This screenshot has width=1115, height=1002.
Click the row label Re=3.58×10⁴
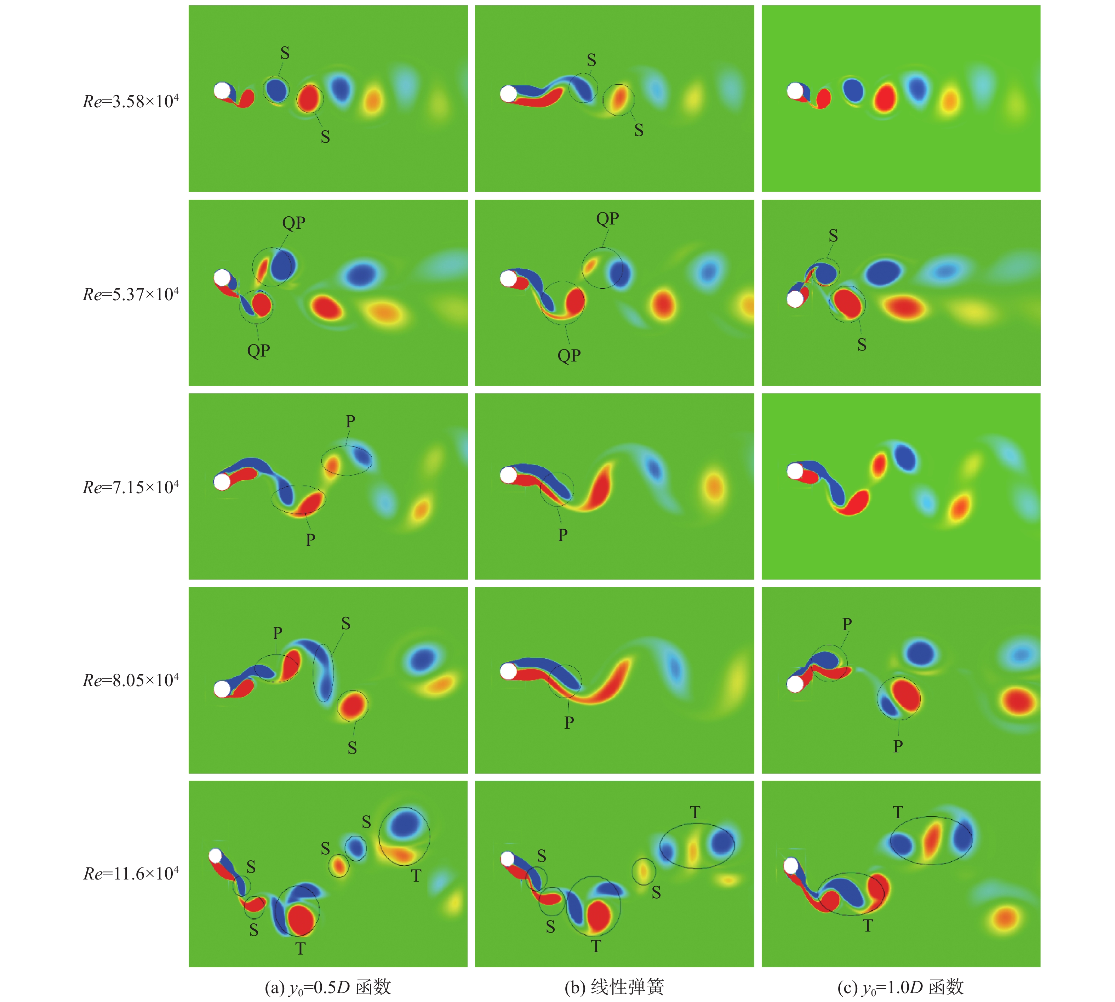(x=130, y=101)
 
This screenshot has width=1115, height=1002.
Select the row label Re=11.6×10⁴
(x=130, y=873)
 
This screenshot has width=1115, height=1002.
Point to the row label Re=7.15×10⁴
(x=130, y=487)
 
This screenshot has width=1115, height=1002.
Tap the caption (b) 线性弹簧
(x=614, y=986)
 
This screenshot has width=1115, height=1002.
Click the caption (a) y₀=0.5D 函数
(x=328, y=986)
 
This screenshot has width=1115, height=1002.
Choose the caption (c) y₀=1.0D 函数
(x=900, y=986)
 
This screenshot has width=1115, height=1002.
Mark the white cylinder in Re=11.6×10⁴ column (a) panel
(x=215, y=856)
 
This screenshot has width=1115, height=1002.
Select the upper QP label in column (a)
(x=294, y=223)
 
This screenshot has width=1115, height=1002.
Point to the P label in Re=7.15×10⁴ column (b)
(x=562, y=535)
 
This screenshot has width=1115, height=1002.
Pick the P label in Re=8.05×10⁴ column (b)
(x=569, y=722)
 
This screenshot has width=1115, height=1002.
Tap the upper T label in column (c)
(x=898, y=812)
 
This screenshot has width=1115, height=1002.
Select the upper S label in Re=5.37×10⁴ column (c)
(x=833, y=236)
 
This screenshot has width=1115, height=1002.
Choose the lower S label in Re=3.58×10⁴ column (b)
(x=639, y=130)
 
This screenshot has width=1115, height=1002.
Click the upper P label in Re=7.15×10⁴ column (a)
(x=350, y=421)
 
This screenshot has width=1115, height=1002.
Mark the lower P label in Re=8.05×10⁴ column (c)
(x=898, y=746)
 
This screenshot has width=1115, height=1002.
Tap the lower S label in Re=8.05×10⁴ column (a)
(x=352, y=748)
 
